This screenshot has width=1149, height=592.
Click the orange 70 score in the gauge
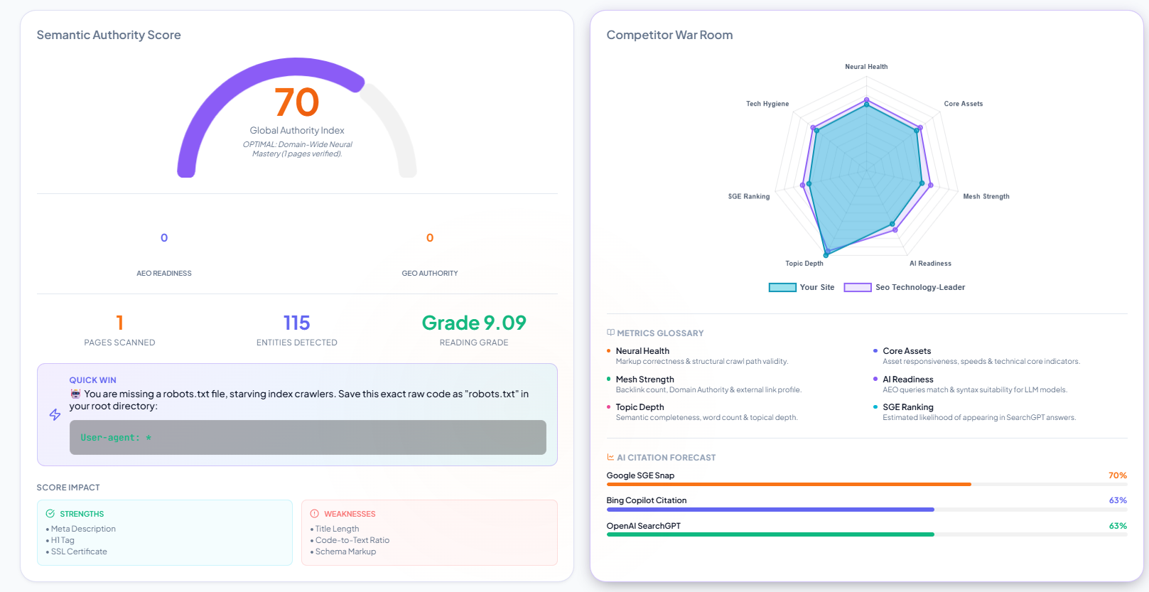(x=296, y=102)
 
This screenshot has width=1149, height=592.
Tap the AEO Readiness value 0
(x=164, y=237)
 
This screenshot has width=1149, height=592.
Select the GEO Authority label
(x=430, y=273)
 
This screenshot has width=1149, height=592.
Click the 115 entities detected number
(x=296, y=323)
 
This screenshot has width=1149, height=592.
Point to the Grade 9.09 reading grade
(x=474, y=323)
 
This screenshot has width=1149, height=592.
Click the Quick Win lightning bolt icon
(x=55, y=414)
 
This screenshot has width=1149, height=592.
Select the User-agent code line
(x=116, y=438)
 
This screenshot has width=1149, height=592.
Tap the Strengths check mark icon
(x=50, y=514)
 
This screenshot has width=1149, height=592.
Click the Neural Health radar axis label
(x=866, y=67)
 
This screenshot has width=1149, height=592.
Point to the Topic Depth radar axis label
(x=804, y=263)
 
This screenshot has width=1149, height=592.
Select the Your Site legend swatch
(x=782, y=287)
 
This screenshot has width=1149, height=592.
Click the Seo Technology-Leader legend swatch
(x=858, y=287)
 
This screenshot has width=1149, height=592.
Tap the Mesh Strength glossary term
(x=644, y=379)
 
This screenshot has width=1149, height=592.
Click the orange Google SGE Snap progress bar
(x=789, y=484)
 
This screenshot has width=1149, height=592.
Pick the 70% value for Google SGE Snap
(x=1118, y=475)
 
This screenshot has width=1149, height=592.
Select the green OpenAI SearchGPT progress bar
(x=770, y=534)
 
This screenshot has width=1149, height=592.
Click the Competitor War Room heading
(x=669, y=35)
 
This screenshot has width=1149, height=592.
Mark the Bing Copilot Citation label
(x=647, y=500)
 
